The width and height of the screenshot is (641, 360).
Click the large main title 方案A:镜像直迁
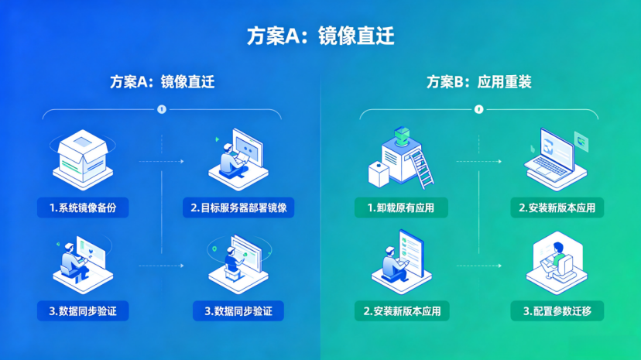point(320,36)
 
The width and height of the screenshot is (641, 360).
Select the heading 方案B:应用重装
point(478,82)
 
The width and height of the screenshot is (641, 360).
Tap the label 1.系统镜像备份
point(83,207)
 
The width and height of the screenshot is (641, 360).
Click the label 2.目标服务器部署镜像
point(238,207)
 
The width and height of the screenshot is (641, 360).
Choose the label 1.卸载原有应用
point(401,207)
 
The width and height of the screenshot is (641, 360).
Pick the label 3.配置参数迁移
point(557,311)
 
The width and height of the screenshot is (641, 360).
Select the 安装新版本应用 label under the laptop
point(557,207)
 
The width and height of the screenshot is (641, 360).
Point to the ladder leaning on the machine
point(421,169)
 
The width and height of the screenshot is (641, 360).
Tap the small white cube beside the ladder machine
point(378,174)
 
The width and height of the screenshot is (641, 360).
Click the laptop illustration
point(555,159)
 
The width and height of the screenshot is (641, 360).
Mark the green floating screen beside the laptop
point(581,142)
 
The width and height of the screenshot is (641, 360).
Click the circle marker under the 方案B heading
point(478,109)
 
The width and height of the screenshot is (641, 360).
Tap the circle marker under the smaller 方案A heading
point(162,109)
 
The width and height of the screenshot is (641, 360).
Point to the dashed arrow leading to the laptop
point(478,161)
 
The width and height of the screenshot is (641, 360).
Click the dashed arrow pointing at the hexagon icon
point(478,266)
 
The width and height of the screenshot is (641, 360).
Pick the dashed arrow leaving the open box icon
point(162,161)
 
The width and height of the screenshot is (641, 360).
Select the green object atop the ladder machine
point(403,135)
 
